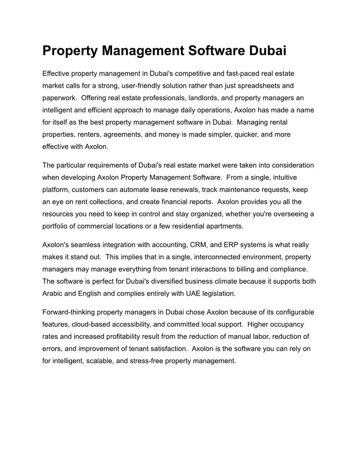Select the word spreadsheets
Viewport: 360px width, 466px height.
click(251, 85)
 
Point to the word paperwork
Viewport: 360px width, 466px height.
click(60, 98)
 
